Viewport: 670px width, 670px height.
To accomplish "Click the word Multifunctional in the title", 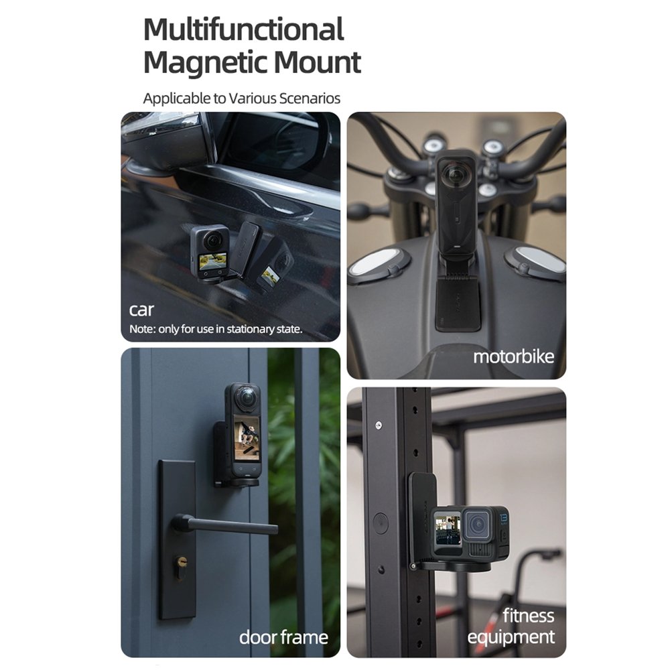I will coord(243,30).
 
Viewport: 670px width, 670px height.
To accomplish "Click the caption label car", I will coord(141,310).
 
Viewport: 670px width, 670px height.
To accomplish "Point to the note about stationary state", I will coord(216,329).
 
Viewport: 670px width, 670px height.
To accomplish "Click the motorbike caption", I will coord(513,356).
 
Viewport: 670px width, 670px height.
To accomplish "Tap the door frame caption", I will coord(283,636).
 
